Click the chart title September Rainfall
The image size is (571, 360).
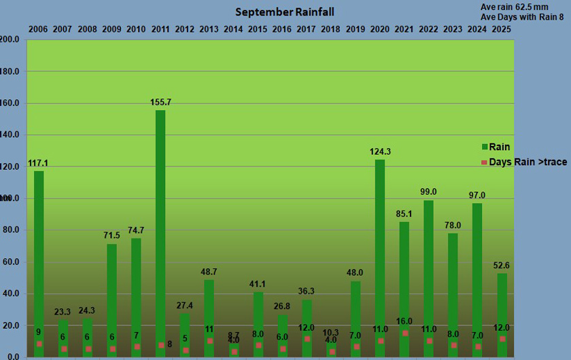tap(285, 12)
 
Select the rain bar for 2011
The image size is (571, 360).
tap(160, 231)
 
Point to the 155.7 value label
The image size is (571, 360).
tap(160, 103)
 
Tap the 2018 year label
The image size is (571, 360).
tap(331, 29)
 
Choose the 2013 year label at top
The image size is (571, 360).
tap(209, 29)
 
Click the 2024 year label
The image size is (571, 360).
tap(477, 29)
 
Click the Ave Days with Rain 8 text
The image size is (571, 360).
tap(525, 16)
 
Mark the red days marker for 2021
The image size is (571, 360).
tap(405, 334)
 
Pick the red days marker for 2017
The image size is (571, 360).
tap(307, 339)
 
